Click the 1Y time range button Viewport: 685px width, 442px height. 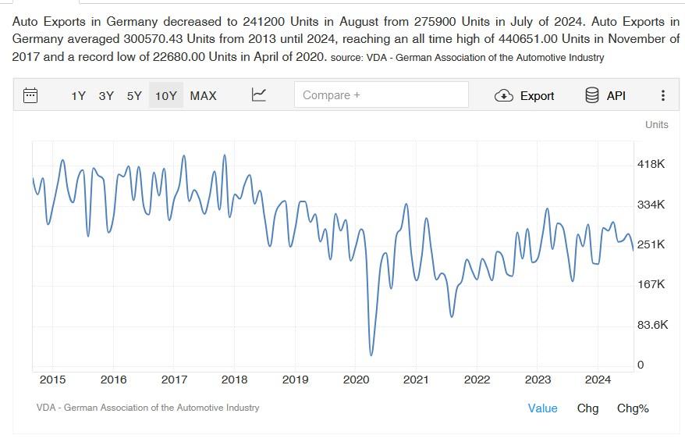pos(78,95)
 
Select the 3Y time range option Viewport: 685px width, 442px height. pos(106,95)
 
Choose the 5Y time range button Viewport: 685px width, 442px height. pos(134,95)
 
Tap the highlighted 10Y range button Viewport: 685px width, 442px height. pos(165,95)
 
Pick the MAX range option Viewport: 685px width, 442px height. pos(203,95)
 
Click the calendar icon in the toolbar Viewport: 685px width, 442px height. pos(30,95)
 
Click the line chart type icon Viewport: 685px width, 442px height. pos(259,94)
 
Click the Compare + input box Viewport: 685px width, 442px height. pos(381,94)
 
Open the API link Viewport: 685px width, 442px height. pos(605,95)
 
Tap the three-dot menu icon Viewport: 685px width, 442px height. pos(663,95)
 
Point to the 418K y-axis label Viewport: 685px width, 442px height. pos(651,164)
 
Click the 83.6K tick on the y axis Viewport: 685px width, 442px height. pos(652,324)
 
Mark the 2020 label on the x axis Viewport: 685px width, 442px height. pos(355,380)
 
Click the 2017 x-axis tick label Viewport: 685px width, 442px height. pos(174,380)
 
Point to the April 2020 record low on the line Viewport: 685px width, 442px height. pos(371,355)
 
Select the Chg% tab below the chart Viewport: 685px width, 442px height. pos(633,408)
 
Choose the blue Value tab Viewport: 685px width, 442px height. pos(542,408)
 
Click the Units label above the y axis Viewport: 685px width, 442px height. pos(657,124)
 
